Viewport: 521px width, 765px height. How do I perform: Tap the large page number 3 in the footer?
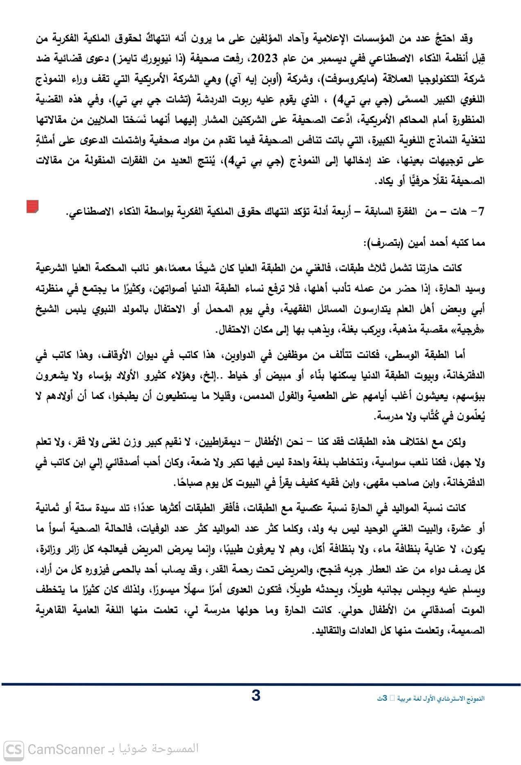click(x=256, y=696)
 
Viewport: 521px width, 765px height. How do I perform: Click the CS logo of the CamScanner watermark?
click(x=14, y=749)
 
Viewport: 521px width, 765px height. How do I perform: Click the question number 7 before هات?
click(x=482, y=212)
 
